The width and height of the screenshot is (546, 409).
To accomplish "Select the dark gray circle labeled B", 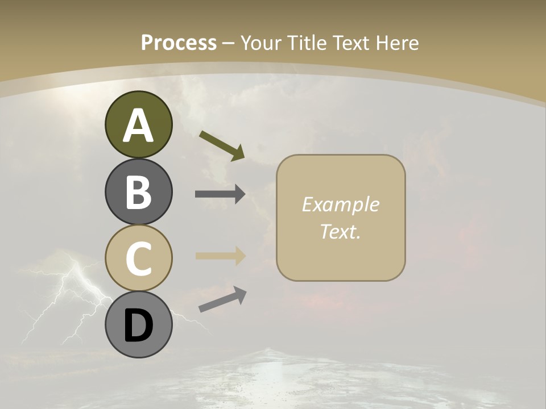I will coord(138,191).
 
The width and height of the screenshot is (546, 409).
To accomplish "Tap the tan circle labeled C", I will coord(138,258).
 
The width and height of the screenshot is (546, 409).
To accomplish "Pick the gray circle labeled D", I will coord(138,325).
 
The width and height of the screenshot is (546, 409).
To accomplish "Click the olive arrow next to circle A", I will coord(222,145).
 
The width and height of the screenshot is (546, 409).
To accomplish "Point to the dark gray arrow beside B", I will coord(220,194).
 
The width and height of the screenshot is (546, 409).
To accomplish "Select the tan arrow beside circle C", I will coord(220,256).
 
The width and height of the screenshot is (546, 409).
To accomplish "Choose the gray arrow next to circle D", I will coord(222,299).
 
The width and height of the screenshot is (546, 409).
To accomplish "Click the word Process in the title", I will coord(179,43).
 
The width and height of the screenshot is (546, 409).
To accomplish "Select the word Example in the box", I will coord(340,204).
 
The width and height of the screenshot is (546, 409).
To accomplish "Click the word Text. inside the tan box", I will coord(340,231).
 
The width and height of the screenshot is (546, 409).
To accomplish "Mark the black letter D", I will coord(138,326).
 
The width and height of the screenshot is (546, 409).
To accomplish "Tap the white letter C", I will coord(138,259).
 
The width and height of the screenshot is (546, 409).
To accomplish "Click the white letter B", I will coord(138,192).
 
